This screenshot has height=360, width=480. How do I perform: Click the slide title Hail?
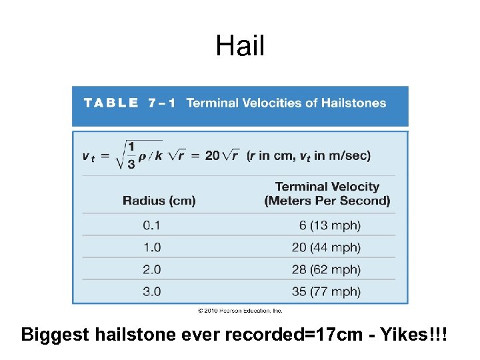(240, 46)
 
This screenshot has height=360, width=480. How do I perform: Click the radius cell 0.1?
(151, 225)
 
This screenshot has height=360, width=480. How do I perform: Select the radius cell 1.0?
(151, 247)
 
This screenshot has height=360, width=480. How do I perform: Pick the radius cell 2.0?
(151, 269)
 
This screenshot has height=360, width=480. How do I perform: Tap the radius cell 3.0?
(151, 291)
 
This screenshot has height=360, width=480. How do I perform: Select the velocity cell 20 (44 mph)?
(326, 247)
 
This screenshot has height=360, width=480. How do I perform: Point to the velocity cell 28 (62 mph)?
(326, 269)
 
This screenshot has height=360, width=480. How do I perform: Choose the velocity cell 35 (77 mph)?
(326, 291)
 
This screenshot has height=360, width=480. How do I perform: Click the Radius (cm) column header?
(159, 201)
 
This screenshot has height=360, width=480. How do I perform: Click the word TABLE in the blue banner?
(111, 103)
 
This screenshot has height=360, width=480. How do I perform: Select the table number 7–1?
(161, 103)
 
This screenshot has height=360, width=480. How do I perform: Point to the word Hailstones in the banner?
(353, 103)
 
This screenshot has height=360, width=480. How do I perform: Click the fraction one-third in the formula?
(131, 155)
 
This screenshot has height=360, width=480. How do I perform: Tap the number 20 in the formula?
(212, 155)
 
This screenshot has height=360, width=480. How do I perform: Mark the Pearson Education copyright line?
(240, 310)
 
